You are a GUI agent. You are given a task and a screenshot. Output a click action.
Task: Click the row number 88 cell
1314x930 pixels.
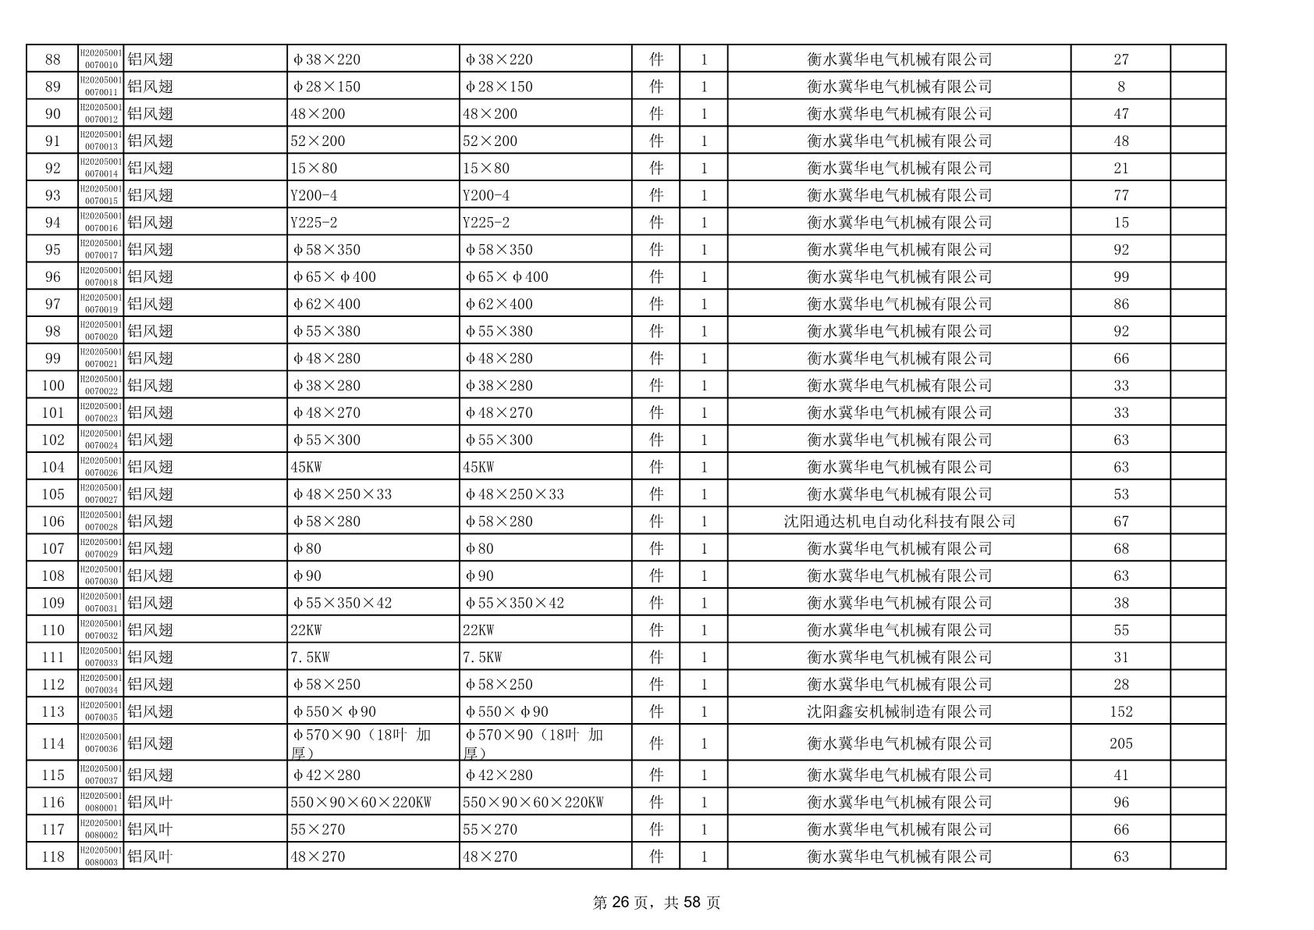click(52, 59)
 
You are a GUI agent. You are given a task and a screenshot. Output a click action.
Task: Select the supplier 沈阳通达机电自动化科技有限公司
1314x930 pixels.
click(899, 522)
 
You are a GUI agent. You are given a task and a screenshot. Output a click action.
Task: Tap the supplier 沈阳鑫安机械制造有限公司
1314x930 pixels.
click(899, 711)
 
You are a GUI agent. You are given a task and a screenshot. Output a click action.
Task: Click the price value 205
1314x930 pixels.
click(1120, 743)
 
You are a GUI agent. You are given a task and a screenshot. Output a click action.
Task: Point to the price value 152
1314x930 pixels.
click(1120, 711)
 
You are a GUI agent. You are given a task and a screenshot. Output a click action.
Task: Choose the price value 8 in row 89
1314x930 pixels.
click(1120, 87)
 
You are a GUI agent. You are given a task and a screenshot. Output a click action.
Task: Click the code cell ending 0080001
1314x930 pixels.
click(101, 802)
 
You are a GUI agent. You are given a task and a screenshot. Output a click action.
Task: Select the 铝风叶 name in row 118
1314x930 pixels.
click(150, 857)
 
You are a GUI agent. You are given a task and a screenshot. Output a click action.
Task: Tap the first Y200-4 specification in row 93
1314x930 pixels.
click(314, 195)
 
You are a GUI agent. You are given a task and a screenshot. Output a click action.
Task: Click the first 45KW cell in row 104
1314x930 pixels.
click(306, 467)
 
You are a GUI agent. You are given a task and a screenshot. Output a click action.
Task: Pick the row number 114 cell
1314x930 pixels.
click(52, 743)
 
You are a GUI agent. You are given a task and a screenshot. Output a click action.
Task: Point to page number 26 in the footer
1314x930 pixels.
click(620, 903)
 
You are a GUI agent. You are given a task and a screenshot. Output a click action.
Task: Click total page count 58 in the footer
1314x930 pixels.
click(692, 903)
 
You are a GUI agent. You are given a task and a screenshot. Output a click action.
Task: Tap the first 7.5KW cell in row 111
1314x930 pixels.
click(310, 657)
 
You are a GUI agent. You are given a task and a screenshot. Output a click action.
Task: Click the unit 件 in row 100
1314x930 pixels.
click(656, 386)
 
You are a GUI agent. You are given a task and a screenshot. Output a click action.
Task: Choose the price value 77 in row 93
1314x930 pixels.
click(1120, 195)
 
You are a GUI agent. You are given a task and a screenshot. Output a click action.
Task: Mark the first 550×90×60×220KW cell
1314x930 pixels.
click(360, 802)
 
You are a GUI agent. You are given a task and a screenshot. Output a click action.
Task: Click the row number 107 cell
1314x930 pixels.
click(52, 549)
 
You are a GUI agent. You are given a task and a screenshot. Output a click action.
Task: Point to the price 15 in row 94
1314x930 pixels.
click(1120, 223)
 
